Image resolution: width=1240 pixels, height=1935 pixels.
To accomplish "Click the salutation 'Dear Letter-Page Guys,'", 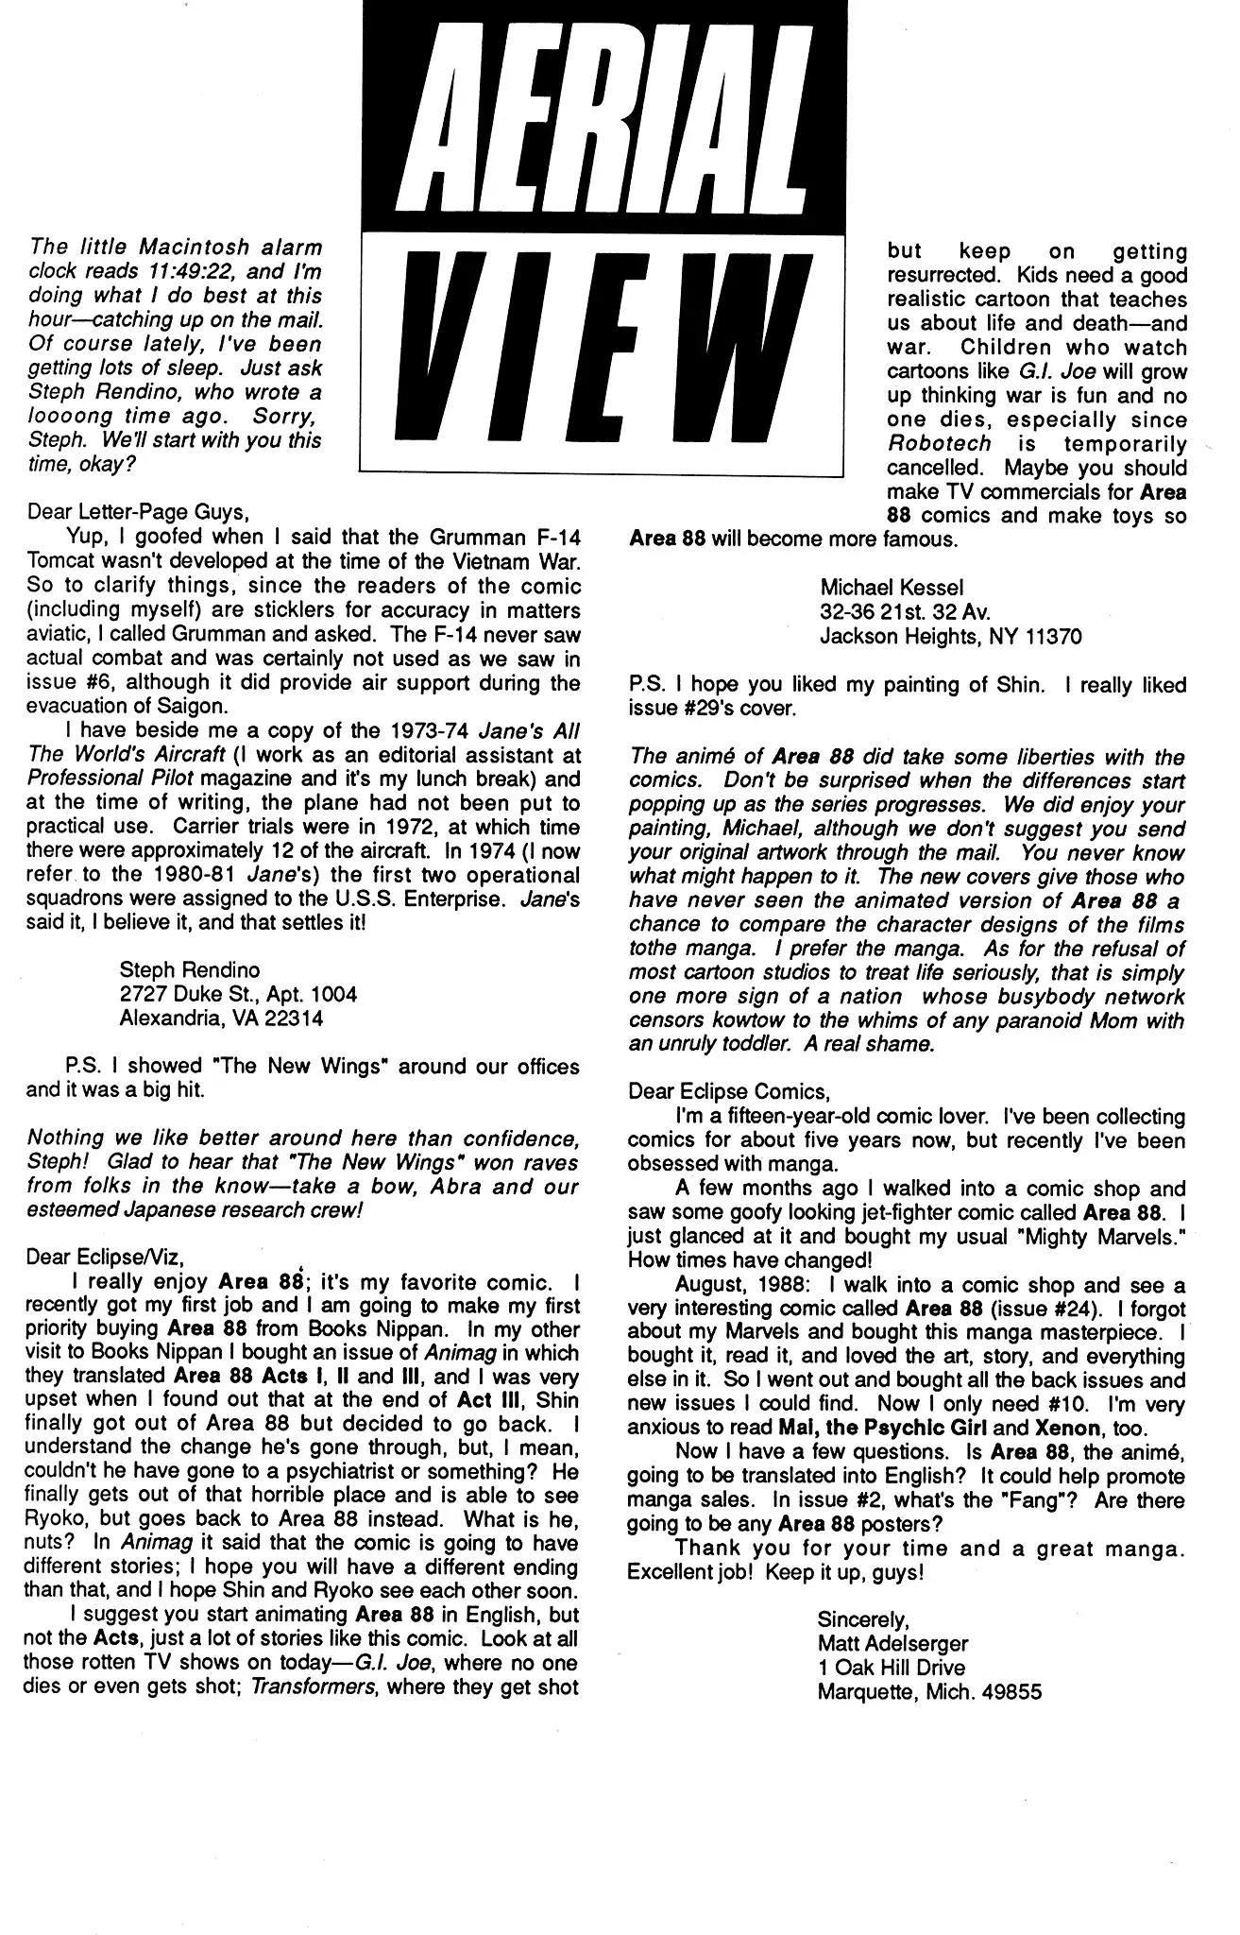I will tap(137, 513).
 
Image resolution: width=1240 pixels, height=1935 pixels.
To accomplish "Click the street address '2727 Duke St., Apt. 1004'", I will tap(238, 994).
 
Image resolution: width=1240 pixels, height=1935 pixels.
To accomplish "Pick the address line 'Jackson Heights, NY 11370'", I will tap(950, 636).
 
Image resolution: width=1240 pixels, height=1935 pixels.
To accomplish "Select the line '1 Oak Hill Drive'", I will tap(892, 1668).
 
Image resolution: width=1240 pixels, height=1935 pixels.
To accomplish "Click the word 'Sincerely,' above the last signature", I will tap(863, 1620).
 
